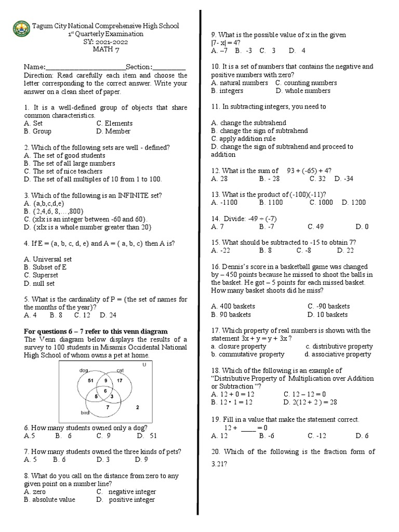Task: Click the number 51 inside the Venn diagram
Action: coord(89,380)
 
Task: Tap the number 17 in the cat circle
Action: coord(118,380)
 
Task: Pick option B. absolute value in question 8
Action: coord(49,500)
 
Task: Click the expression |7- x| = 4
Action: coord(229,43)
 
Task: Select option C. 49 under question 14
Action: coord(316,227)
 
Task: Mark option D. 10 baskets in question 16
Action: coord(327,314)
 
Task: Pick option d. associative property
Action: coord(338,354)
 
